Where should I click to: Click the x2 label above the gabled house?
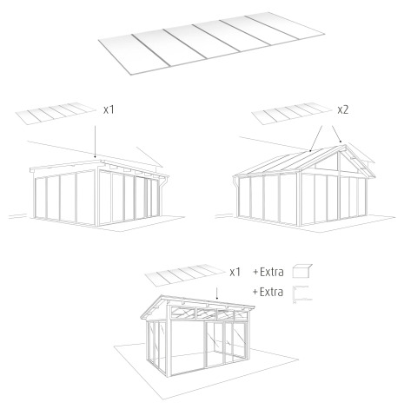[343, 110]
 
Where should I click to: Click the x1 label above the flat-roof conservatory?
[109, 110]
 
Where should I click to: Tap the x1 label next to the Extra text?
[235, 272]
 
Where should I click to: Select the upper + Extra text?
[268, 272]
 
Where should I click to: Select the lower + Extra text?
[268, 292]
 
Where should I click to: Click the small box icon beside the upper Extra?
[302, 271]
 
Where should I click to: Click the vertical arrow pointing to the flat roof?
[95, 142]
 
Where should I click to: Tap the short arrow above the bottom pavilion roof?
[217, 294]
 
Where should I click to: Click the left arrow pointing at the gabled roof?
[316, 139]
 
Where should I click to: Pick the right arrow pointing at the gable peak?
[337, 134]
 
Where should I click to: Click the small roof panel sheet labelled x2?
[291, 114]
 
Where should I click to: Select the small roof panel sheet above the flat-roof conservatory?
[56, 114]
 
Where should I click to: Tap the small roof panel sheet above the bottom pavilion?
[185, 275]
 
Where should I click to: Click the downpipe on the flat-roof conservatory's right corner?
[162, 197]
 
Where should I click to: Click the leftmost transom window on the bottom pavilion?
[183, 312]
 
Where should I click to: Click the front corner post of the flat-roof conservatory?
[96, 198]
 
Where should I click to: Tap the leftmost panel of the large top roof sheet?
[133, 55]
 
